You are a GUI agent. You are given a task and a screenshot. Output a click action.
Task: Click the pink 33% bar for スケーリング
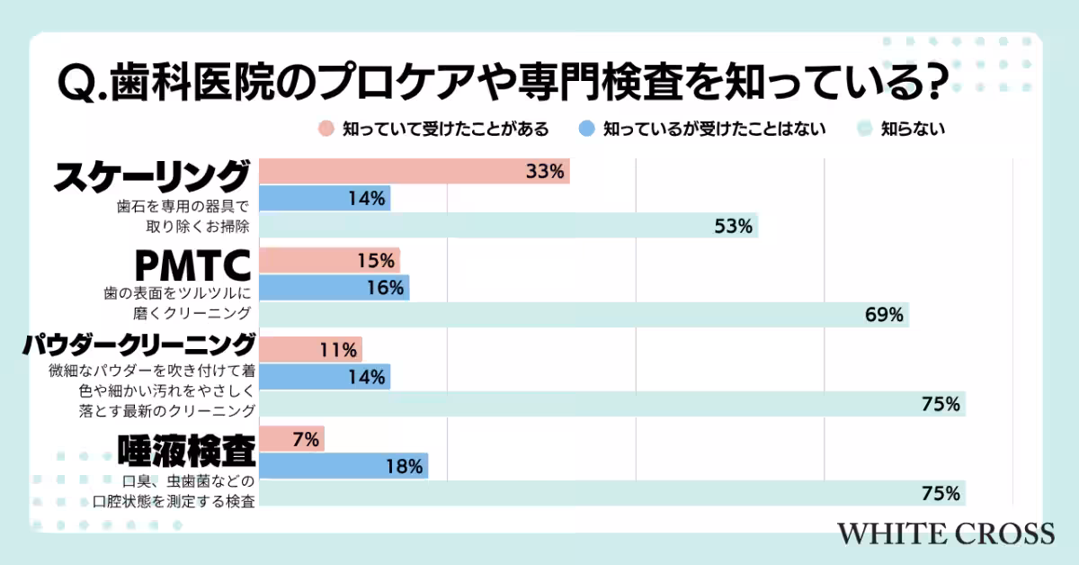tap(414, 171)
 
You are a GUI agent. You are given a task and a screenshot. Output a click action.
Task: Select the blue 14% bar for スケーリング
tap(325, 198)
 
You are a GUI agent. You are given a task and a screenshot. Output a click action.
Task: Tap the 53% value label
tap(734, 226)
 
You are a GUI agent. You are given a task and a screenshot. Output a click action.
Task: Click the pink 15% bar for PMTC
tap(329, 261)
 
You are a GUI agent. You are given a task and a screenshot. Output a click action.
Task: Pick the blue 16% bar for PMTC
tap(334, 288)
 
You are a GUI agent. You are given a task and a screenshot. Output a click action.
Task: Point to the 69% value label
tap(884, 315)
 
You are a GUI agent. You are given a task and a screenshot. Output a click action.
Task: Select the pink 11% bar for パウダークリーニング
tap(310, 350)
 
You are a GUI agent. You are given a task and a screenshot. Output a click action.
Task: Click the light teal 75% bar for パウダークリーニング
tap(611, 404)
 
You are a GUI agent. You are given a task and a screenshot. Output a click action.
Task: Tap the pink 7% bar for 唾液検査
tap(291, 439)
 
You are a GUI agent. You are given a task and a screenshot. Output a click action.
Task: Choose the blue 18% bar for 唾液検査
tap(343, 466)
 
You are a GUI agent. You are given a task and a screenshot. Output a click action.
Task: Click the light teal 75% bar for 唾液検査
tap(611, 493)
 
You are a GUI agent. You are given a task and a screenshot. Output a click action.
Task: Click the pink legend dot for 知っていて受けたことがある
tap(326, 129)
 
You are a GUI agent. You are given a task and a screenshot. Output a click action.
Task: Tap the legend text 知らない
tap(913, 129)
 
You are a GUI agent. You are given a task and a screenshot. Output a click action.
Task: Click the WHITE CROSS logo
tap(946, 533)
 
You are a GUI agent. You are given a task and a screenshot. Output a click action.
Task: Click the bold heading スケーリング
tap(151, 175)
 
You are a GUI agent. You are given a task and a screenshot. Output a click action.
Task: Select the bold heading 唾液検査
tap(185, 447)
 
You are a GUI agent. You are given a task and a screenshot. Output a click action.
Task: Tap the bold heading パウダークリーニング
tap(140, 345)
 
